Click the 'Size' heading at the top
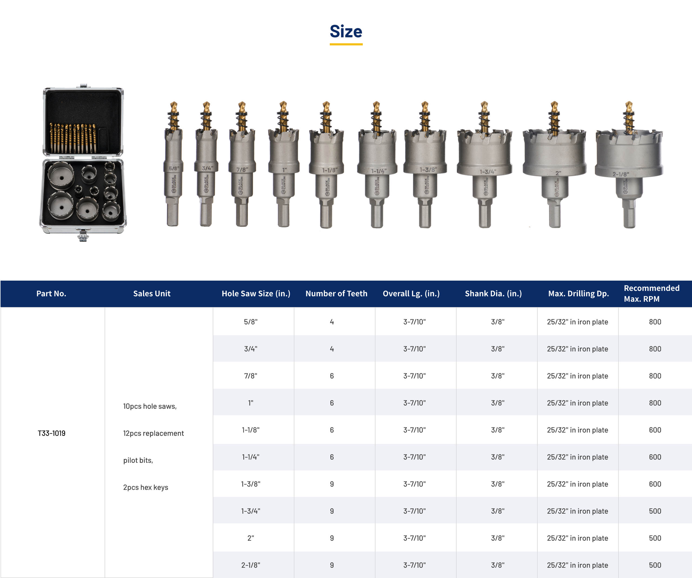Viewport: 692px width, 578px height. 346,32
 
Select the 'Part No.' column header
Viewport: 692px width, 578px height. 51,294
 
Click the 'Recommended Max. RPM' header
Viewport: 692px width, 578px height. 651,294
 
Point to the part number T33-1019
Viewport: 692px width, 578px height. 51,433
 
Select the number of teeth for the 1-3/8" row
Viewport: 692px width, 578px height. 332,484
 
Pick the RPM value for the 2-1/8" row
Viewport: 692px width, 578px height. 655,565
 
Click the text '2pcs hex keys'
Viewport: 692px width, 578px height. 146,487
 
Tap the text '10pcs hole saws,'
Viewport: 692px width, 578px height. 150,406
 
